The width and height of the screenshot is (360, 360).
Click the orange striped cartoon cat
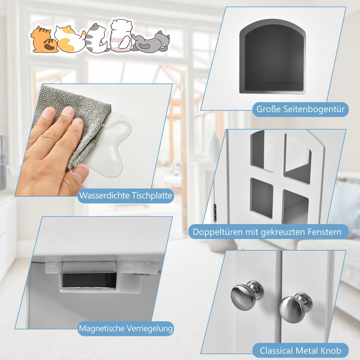pyautogui.click(x=43, y=40)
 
